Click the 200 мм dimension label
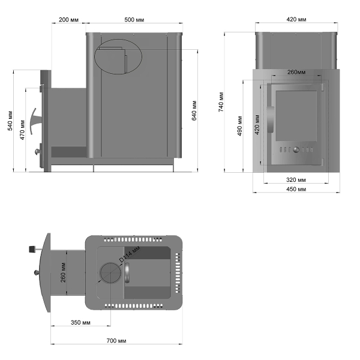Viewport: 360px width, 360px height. click(x=68, y=20)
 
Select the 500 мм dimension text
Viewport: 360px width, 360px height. click(x=134, y=20)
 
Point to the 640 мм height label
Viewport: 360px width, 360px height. click(x=194, y=110)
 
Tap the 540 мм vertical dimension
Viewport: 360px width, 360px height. click(x=10, y=121)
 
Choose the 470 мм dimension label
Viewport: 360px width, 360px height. click(x=22, y=130)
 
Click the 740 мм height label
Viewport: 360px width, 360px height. click(x=221, y=102)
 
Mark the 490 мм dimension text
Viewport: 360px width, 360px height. click(x=239, y=126)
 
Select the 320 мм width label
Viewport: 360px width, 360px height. click(x=296, y=180)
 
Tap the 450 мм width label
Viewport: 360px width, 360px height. click(x=296, y=189)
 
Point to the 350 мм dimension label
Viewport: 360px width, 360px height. click(x=80, y=323)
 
